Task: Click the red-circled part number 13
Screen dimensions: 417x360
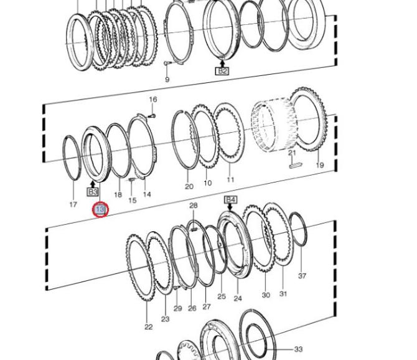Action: point(100,209)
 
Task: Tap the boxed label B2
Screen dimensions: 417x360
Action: point(222,71)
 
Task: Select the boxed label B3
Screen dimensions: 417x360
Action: point(93,192)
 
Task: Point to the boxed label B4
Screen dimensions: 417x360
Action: point(230,200)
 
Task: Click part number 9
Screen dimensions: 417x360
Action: point(167,80)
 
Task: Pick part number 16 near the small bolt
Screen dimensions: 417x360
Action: point(153,100)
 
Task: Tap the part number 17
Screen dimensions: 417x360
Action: point(73,204)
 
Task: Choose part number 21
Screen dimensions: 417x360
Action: point(293,153)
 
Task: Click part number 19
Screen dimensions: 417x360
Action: point(320,165)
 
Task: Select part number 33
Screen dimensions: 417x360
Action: point(298,349)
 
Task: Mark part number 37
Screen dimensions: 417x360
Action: point(302,276)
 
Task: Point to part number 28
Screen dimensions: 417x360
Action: point(194,206)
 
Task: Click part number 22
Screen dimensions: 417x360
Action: point(148,327)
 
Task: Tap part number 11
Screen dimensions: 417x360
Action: point(230,179)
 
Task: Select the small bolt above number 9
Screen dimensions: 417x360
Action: point(168,63)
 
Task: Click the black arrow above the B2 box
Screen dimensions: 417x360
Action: point(222,64)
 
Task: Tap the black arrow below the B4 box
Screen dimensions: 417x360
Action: point(230,207)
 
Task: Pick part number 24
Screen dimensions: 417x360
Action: point(238,298)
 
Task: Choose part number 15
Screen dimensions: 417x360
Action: point(132,200)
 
